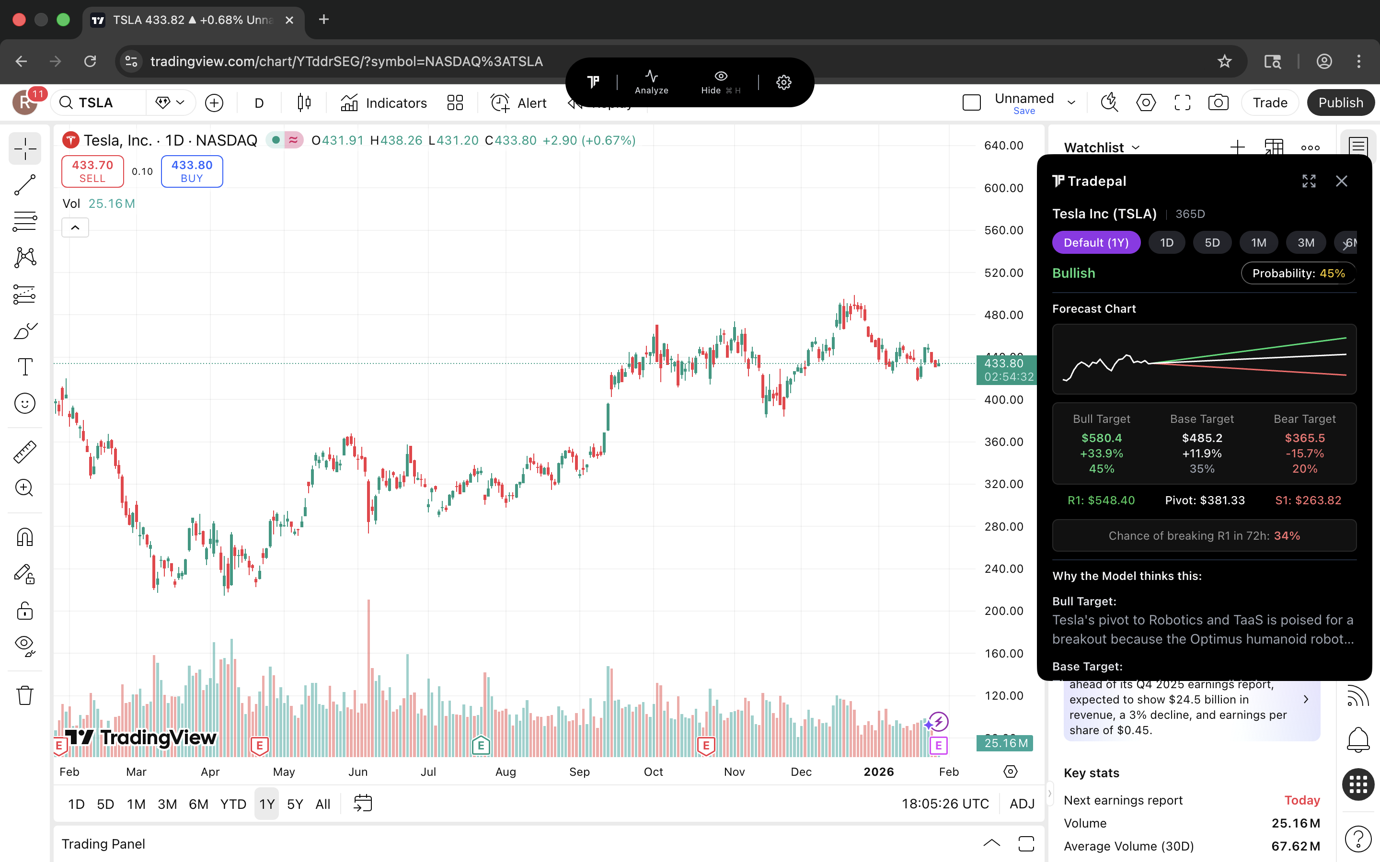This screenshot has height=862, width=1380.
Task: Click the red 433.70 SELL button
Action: coord(92,171)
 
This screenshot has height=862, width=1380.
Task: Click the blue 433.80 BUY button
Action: coord(192,171)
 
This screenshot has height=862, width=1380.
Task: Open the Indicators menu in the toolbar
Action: coord(384,102)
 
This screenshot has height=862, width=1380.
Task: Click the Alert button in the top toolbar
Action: coord(518,102)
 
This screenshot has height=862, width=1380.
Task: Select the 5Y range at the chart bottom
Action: coord(294,804)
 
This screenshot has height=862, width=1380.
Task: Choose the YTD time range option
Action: coord(233,804)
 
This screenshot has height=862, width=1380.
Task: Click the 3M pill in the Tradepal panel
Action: coord(1305,242)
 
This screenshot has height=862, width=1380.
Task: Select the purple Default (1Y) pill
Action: coord(1095,242)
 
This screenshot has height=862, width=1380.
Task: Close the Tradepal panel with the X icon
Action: coord(1341,181)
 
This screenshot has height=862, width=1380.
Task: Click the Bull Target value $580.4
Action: coord(1101,438)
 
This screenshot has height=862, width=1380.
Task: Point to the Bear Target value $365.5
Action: coord(1304,438)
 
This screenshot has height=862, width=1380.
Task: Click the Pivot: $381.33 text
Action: coord(1204,500)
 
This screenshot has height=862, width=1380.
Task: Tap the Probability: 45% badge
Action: coord(1298,273)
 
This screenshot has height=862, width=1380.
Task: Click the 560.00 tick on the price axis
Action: coord(1003,230)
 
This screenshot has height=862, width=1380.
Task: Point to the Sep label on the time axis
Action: coord(579,771)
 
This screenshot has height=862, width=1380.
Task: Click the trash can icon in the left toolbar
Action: coord(24,695)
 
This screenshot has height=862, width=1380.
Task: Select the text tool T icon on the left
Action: coord(24,366)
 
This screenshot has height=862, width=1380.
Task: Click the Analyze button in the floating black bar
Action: coord(651,82)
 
